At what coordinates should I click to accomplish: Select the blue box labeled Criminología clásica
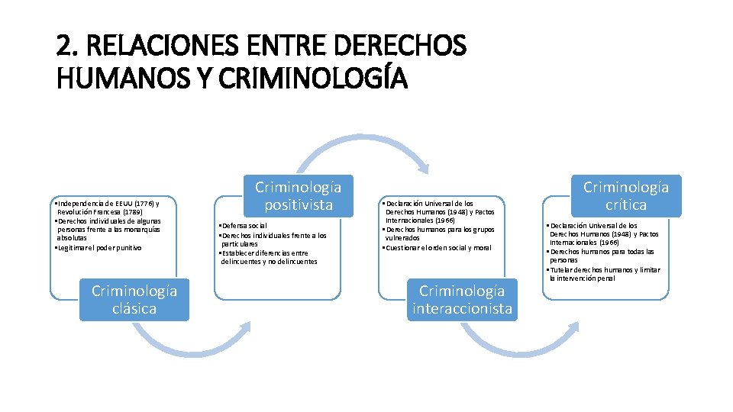point(134,299)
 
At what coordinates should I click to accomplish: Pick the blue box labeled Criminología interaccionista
point(462,299)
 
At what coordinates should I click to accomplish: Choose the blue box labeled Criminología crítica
point(626,196)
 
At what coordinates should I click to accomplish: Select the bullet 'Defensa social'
point(244,226)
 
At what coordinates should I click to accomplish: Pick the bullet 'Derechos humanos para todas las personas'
point(603,256)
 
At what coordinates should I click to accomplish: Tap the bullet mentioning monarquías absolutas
point(107,230)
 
